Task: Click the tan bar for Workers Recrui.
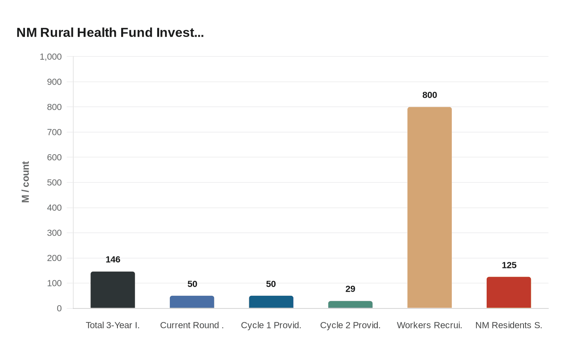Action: tap(429, 207)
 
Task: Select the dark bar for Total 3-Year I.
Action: tap(113, 290)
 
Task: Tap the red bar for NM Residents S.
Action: tap(509, 292)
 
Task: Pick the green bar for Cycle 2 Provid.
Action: tap(350, 305)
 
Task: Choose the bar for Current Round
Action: tap(192, 302)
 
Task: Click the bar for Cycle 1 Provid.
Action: tap(271, 302)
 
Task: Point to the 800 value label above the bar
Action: tap(430, 95)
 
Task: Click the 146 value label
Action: tap(113, 259)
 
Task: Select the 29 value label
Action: tap(350, 289)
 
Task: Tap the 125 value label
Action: tap(509, 265)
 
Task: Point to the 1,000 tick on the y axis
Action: tap(51, 57)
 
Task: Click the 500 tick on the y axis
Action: tap(54, 182)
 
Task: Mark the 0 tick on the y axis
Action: tap(59, 308)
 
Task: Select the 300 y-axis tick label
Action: tap(54, 233)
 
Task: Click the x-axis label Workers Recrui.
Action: tap(429, 325)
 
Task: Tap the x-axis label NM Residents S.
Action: tap(509, 325)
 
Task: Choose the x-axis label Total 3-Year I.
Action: tap(113, 325)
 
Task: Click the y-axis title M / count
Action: tap(25, 182)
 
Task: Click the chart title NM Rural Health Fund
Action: tap(110, 32)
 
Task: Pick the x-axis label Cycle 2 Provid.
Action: tap(350, 325)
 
